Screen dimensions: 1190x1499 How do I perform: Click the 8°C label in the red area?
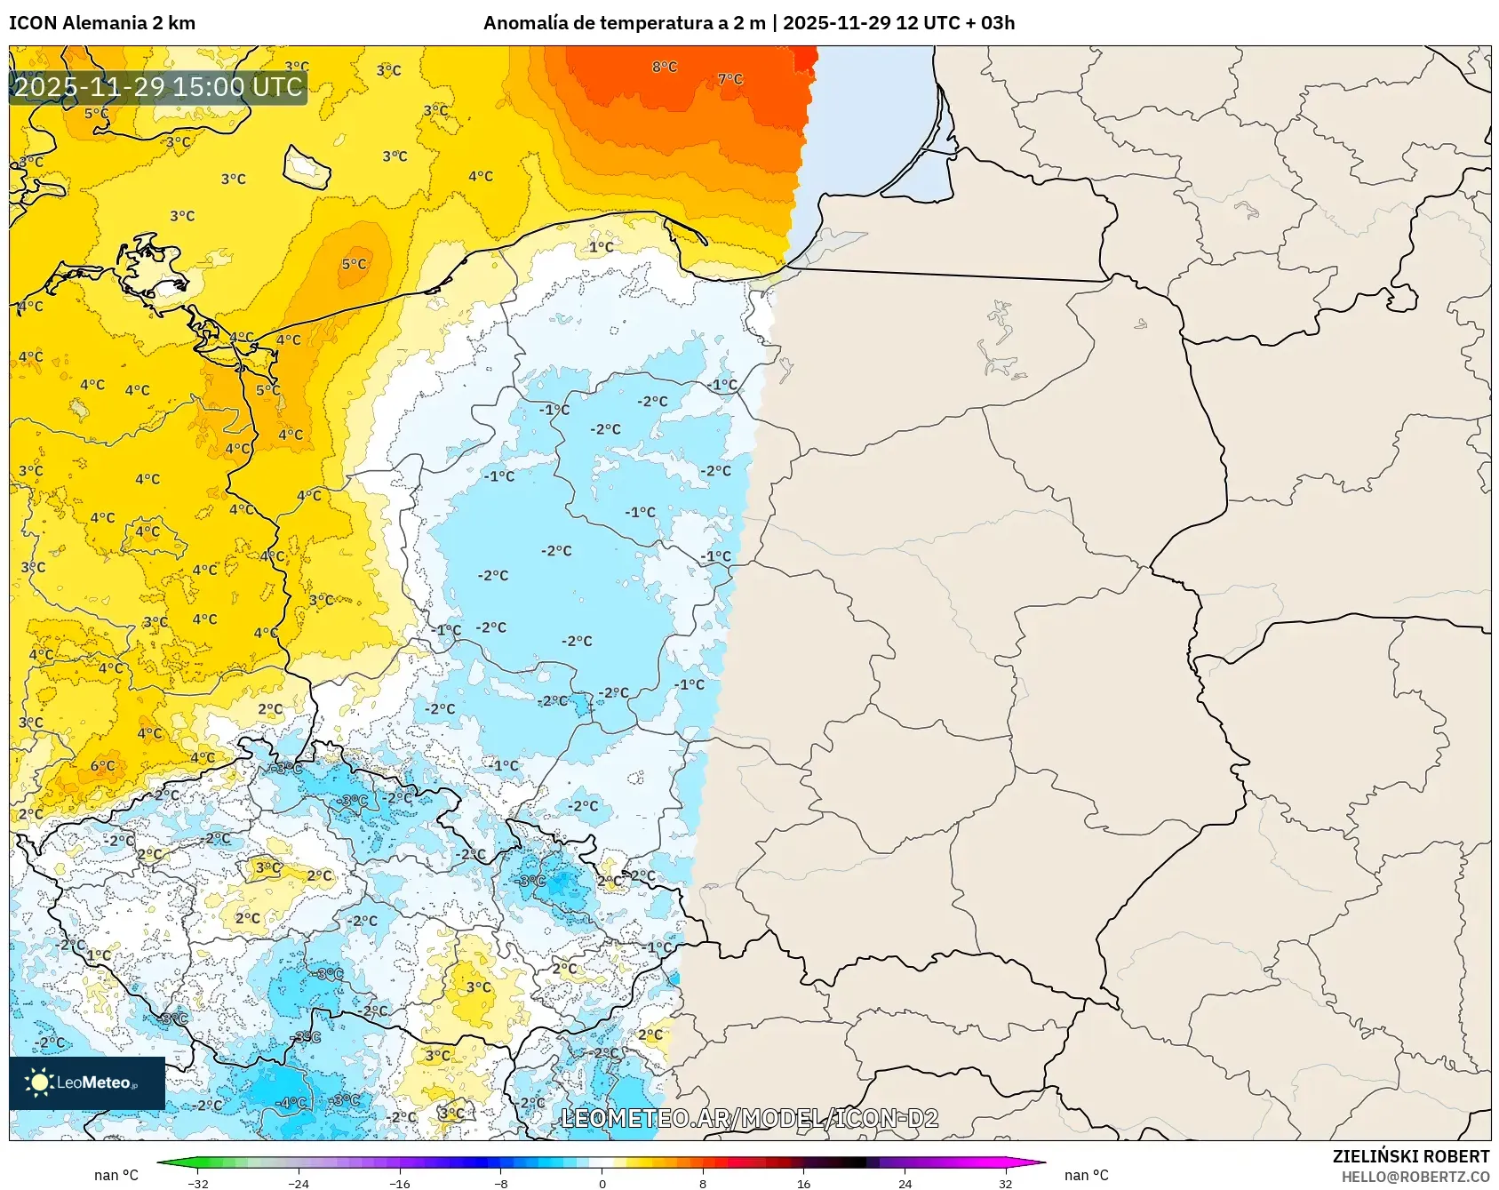[664, 67]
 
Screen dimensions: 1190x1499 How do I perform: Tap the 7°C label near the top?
[730, 79]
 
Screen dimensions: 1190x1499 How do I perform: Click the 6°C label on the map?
[102, 765]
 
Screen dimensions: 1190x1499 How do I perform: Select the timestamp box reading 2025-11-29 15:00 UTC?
[158, 87]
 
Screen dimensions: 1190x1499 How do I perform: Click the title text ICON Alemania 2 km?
[102, 23]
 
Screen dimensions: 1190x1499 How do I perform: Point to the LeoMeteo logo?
[87, 1082]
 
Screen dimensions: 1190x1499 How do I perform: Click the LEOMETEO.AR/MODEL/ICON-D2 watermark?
[749, 1118]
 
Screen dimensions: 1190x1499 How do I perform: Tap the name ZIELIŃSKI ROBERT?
[1410, 1156]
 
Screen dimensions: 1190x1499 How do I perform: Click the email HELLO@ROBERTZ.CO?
[1415, 1177]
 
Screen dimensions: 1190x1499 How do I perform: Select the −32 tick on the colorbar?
[198, 1183]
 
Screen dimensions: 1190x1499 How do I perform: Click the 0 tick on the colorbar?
[602, 1183]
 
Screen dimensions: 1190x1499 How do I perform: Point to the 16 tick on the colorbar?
[803, 1183]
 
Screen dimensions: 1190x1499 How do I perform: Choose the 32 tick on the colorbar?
[1005, 1183]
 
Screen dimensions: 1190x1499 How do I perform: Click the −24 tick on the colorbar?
[299, 1183]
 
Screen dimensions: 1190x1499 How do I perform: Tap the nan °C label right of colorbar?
[1086, 1175]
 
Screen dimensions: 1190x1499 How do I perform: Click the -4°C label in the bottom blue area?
[291, 1102]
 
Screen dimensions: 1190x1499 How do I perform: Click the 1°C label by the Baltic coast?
[601, 246]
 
